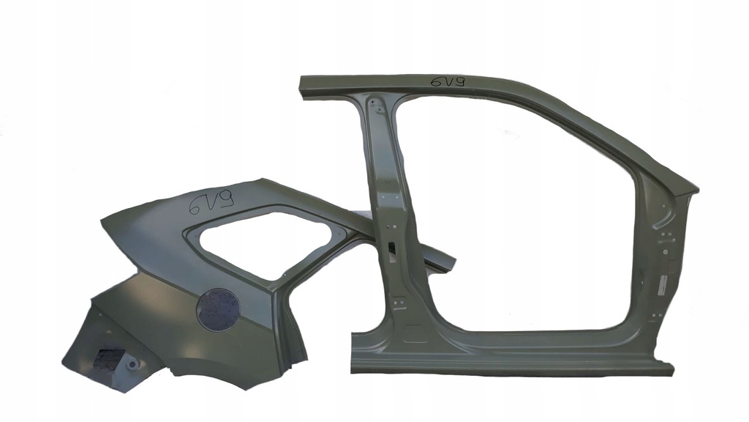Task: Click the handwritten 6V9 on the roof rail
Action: pyautogui.click(x=448, y=82)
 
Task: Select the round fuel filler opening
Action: pyautogui.click(x=218, y=310)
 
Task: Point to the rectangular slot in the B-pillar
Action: pyautogui.click(x=392, y=248)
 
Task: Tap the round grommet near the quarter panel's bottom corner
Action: pyautogui.click(x=132, y=365)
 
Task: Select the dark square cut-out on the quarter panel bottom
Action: pyautogui.click(x=110, y=359)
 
